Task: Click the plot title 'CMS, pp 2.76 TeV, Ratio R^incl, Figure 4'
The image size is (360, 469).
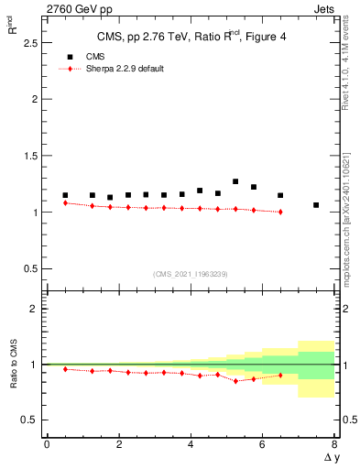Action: [190, 38]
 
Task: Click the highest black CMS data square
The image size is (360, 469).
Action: [235, 181]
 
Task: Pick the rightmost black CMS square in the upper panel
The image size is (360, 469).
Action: [316, 205]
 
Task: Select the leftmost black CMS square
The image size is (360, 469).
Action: [65, 195]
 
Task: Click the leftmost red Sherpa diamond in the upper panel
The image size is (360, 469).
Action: [65, 203]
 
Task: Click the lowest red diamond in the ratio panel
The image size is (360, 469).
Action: [235, 380]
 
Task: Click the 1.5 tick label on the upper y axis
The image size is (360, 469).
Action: [31, 156]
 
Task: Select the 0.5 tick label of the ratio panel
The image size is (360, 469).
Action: [31, 420]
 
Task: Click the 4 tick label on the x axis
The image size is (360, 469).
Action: [191, 443]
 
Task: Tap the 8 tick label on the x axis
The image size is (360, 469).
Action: [334, 443]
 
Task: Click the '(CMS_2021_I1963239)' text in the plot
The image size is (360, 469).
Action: [190, 274]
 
